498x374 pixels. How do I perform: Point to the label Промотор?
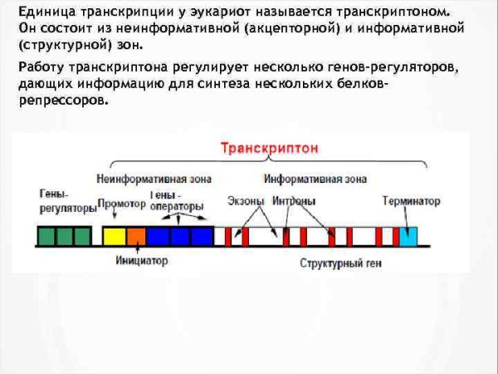pos(121,203)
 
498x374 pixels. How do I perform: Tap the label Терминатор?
pos(412,201)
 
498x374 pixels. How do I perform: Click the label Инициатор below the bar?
pos(141,260)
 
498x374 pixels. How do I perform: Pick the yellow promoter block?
pos(113,237)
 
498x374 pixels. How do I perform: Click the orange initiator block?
pos(134,237)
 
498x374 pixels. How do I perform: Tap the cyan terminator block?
pos(408,237)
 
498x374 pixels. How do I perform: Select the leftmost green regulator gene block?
pos(46,237)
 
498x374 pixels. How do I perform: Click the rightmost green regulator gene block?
pos(83,237)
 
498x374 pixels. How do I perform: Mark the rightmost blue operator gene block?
pos(203,237)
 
